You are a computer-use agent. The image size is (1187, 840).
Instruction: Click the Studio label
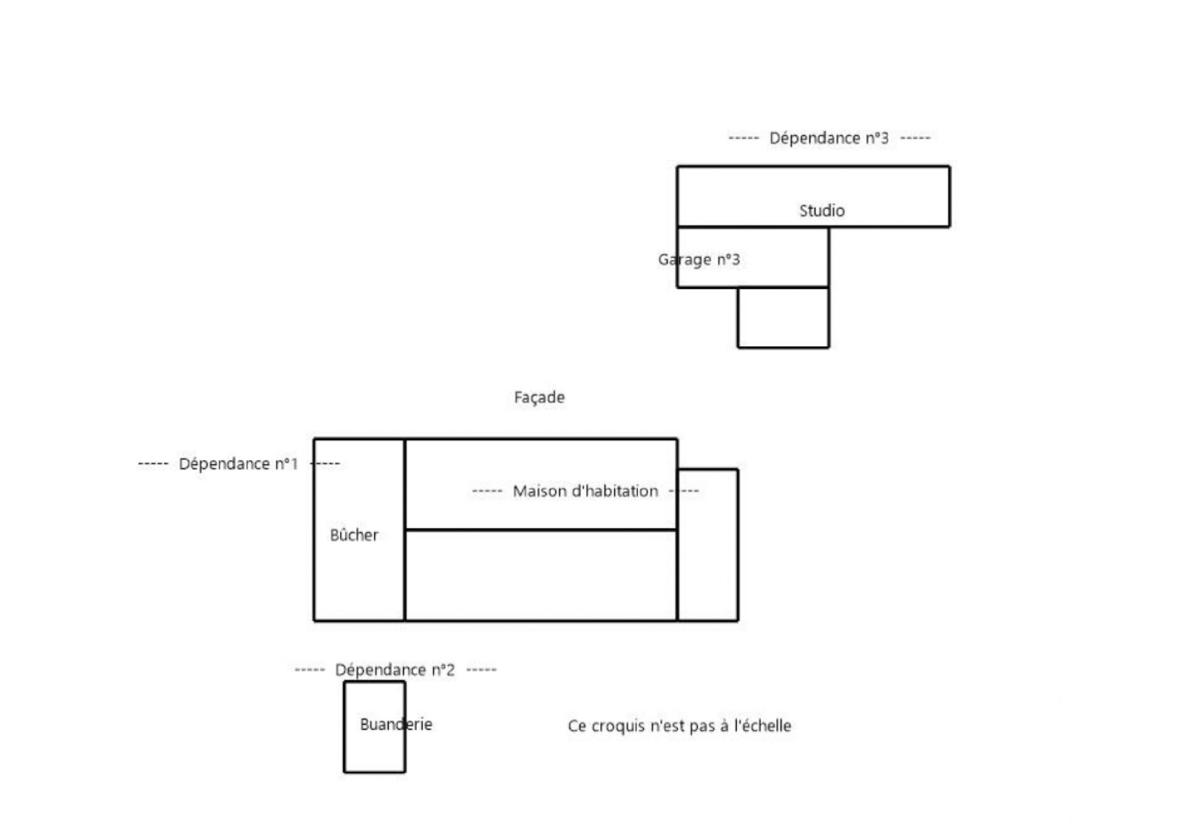822,211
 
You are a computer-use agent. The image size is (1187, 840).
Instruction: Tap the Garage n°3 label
699,259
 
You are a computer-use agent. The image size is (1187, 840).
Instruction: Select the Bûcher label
354,535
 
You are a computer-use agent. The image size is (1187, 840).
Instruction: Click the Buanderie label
396,724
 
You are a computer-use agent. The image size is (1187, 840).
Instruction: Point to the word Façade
539,397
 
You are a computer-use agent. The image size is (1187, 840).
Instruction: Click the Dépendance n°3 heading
828,139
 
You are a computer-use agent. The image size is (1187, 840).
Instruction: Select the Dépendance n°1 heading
238,464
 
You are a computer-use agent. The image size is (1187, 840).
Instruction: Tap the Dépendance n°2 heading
394,670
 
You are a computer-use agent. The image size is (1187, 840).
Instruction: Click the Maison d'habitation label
585,492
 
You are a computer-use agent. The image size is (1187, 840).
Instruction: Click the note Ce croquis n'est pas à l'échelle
679,726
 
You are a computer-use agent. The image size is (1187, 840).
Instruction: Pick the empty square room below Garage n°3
783,318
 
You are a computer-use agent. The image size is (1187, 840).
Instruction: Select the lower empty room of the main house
541,575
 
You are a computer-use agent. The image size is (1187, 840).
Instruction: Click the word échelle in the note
765,726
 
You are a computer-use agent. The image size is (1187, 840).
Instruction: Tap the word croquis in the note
618,726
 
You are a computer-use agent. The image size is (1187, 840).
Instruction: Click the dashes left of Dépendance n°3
744,138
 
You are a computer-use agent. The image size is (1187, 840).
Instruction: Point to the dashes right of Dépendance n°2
481,670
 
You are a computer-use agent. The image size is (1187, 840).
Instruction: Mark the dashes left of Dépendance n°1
153,464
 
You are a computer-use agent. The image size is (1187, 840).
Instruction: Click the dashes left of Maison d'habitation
487,492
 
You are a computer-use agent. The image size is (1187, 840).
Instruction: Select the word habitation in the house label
619,492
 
